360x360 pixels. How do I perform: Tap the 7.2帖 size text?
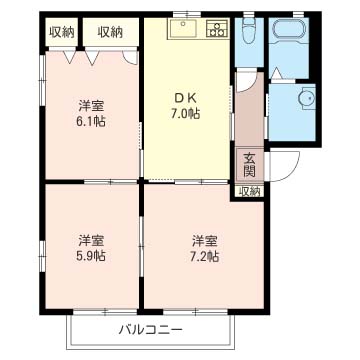pos(205,256)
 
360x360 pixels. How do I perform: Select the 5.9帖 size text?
pos(93,256)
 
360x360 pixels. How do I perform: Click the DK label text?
pos(187,97)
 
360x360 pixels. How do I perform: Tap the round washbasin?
pos(305,99)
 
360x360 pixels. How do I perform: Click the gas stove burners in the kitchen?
pos(217,30)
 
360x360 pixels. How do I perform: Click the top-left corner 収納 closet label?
pos(61,32)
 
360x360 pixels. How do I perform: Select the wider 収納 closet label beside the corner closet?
pos(111,32)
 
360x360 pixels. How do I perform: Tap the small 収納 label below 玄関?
pos(248,191)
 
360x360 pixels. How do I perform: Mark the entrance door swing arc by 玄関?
pos(280,166)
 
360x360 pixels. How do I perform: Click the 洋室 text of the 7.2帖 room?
pos(205,240)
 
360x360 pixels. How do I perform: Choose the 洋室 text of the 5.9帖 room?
pos(93,240)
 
